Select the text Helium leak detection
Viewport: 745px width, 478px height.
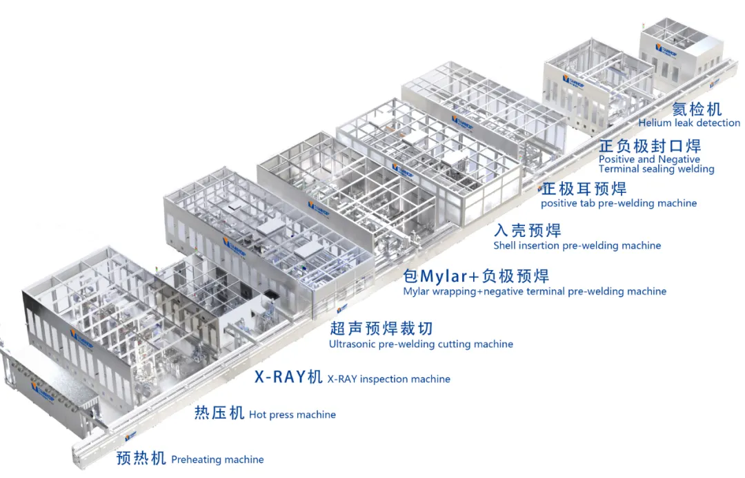(x=689, y=123)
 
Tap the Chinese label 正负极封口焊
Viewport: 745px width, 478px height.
(x=650, y=146)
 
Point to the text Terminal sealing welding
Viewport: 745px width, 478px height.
(x=656, y=169)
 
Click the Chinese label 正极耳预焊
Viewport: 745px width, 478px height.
(x=584, y=189)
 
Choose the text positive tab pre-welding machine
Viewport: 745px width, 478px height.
(x=618, y=203)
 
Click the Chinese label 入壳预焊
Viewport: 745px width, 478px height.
(x=527, y=231)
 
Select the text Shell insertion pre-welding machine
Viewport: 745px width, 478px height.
(x=577, y=246)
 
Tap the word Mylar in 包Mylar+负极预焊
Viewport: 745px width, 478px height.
(x=444, y=276)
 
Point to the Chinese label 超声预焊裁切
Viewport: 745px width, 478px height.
(x=381, y=328)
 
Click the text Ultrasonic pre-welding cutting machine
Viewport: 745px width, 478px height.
(x=421, y=344)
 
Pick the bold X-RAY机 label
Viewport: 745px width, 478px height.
(x=288, y=377)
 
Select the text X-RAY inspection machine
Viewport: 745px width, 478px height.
(x=388, y=379)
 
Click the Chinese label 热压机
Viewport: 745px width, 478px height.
(x=219, y=413)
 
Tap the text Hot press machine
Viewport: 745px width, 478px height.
(x=292, y=415)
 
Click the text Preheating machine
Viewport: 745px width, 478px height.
(x=217, y=459)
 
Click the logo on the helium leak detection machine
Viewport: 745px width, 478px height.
(x=666, y=52)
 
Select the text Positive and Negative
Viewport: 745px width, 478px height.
(x=639, y=159)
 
